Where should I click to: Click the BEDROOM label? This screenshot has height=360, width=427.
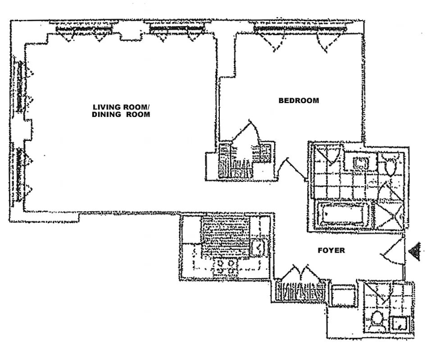[299, 101]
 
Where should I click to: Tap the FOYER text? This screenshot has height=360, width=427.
[332, 251]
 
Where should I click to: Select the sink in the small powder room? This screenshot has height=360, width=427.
[399, 323]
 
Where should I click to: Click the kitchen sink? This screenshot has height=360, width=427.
[259, 247]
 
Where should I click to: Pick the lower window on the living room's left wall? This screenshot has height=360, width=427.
[19, 173]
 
